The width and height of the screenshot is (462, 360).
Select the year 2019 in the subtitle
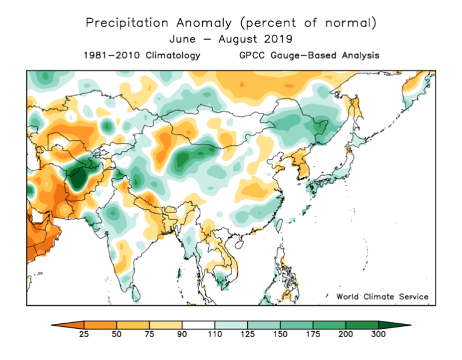coord(279,40)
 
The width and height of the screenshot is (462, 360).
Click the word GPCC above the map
coord(251,55)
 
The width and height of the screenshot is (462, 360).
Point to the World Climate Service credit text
coord(382,296)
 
